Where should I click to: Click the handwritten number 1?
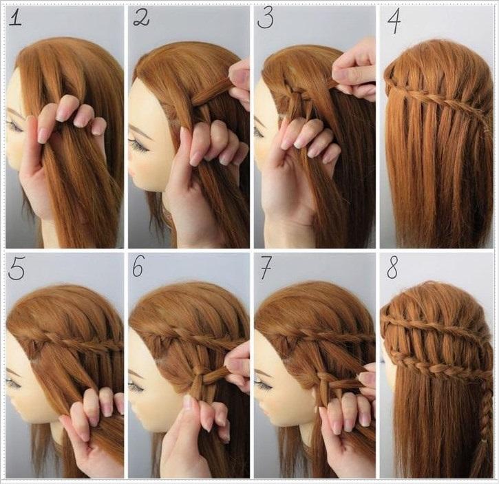coord(15,19)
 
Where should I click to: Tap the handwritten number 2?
coord(141,19)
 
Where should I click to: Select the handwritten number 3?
coord(266,19)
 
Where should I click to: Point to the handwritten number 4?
coord(394,21)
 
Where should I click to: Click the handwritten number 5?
coord(17,269)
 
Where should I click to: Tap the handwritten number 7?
coord(266,268)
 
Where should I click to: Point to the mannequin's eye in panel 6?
coord(136,386)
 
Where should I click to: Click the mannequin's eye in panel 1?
coord(14,125)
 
